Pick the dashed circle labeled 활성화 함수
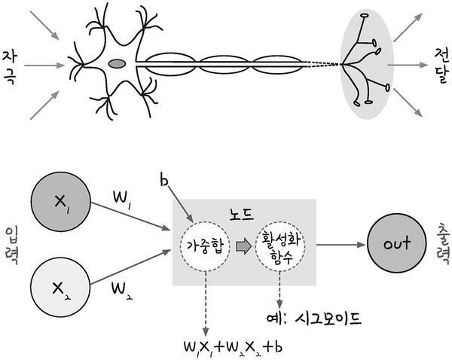(x=279, y=246)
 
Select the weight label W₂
(x=121, y=288)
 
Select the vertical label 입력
(x=11, y=243)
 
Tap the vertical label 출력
(x=441, y=243)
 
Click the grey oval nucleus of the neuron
(x=116, y=65)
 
